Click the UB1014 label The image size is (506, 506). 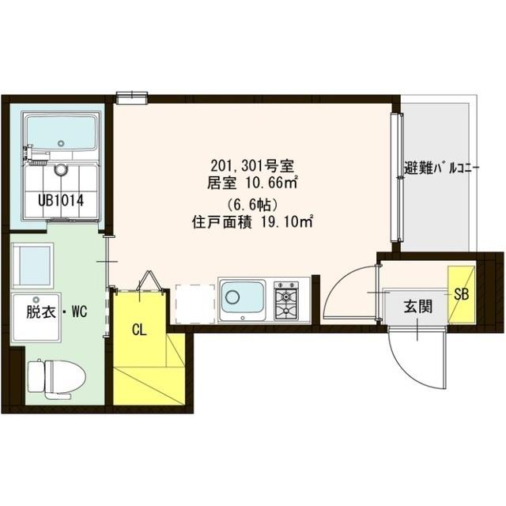click(x=59, y=200)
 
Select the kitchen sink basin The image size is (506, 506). click(x=242, y=299)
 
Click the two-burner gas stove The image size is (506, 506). click(x=287, y=300)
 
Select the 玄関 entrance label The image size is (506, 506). click(x=418, y=308)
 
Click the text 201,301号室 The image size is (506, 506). click(x=252, y=166)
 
